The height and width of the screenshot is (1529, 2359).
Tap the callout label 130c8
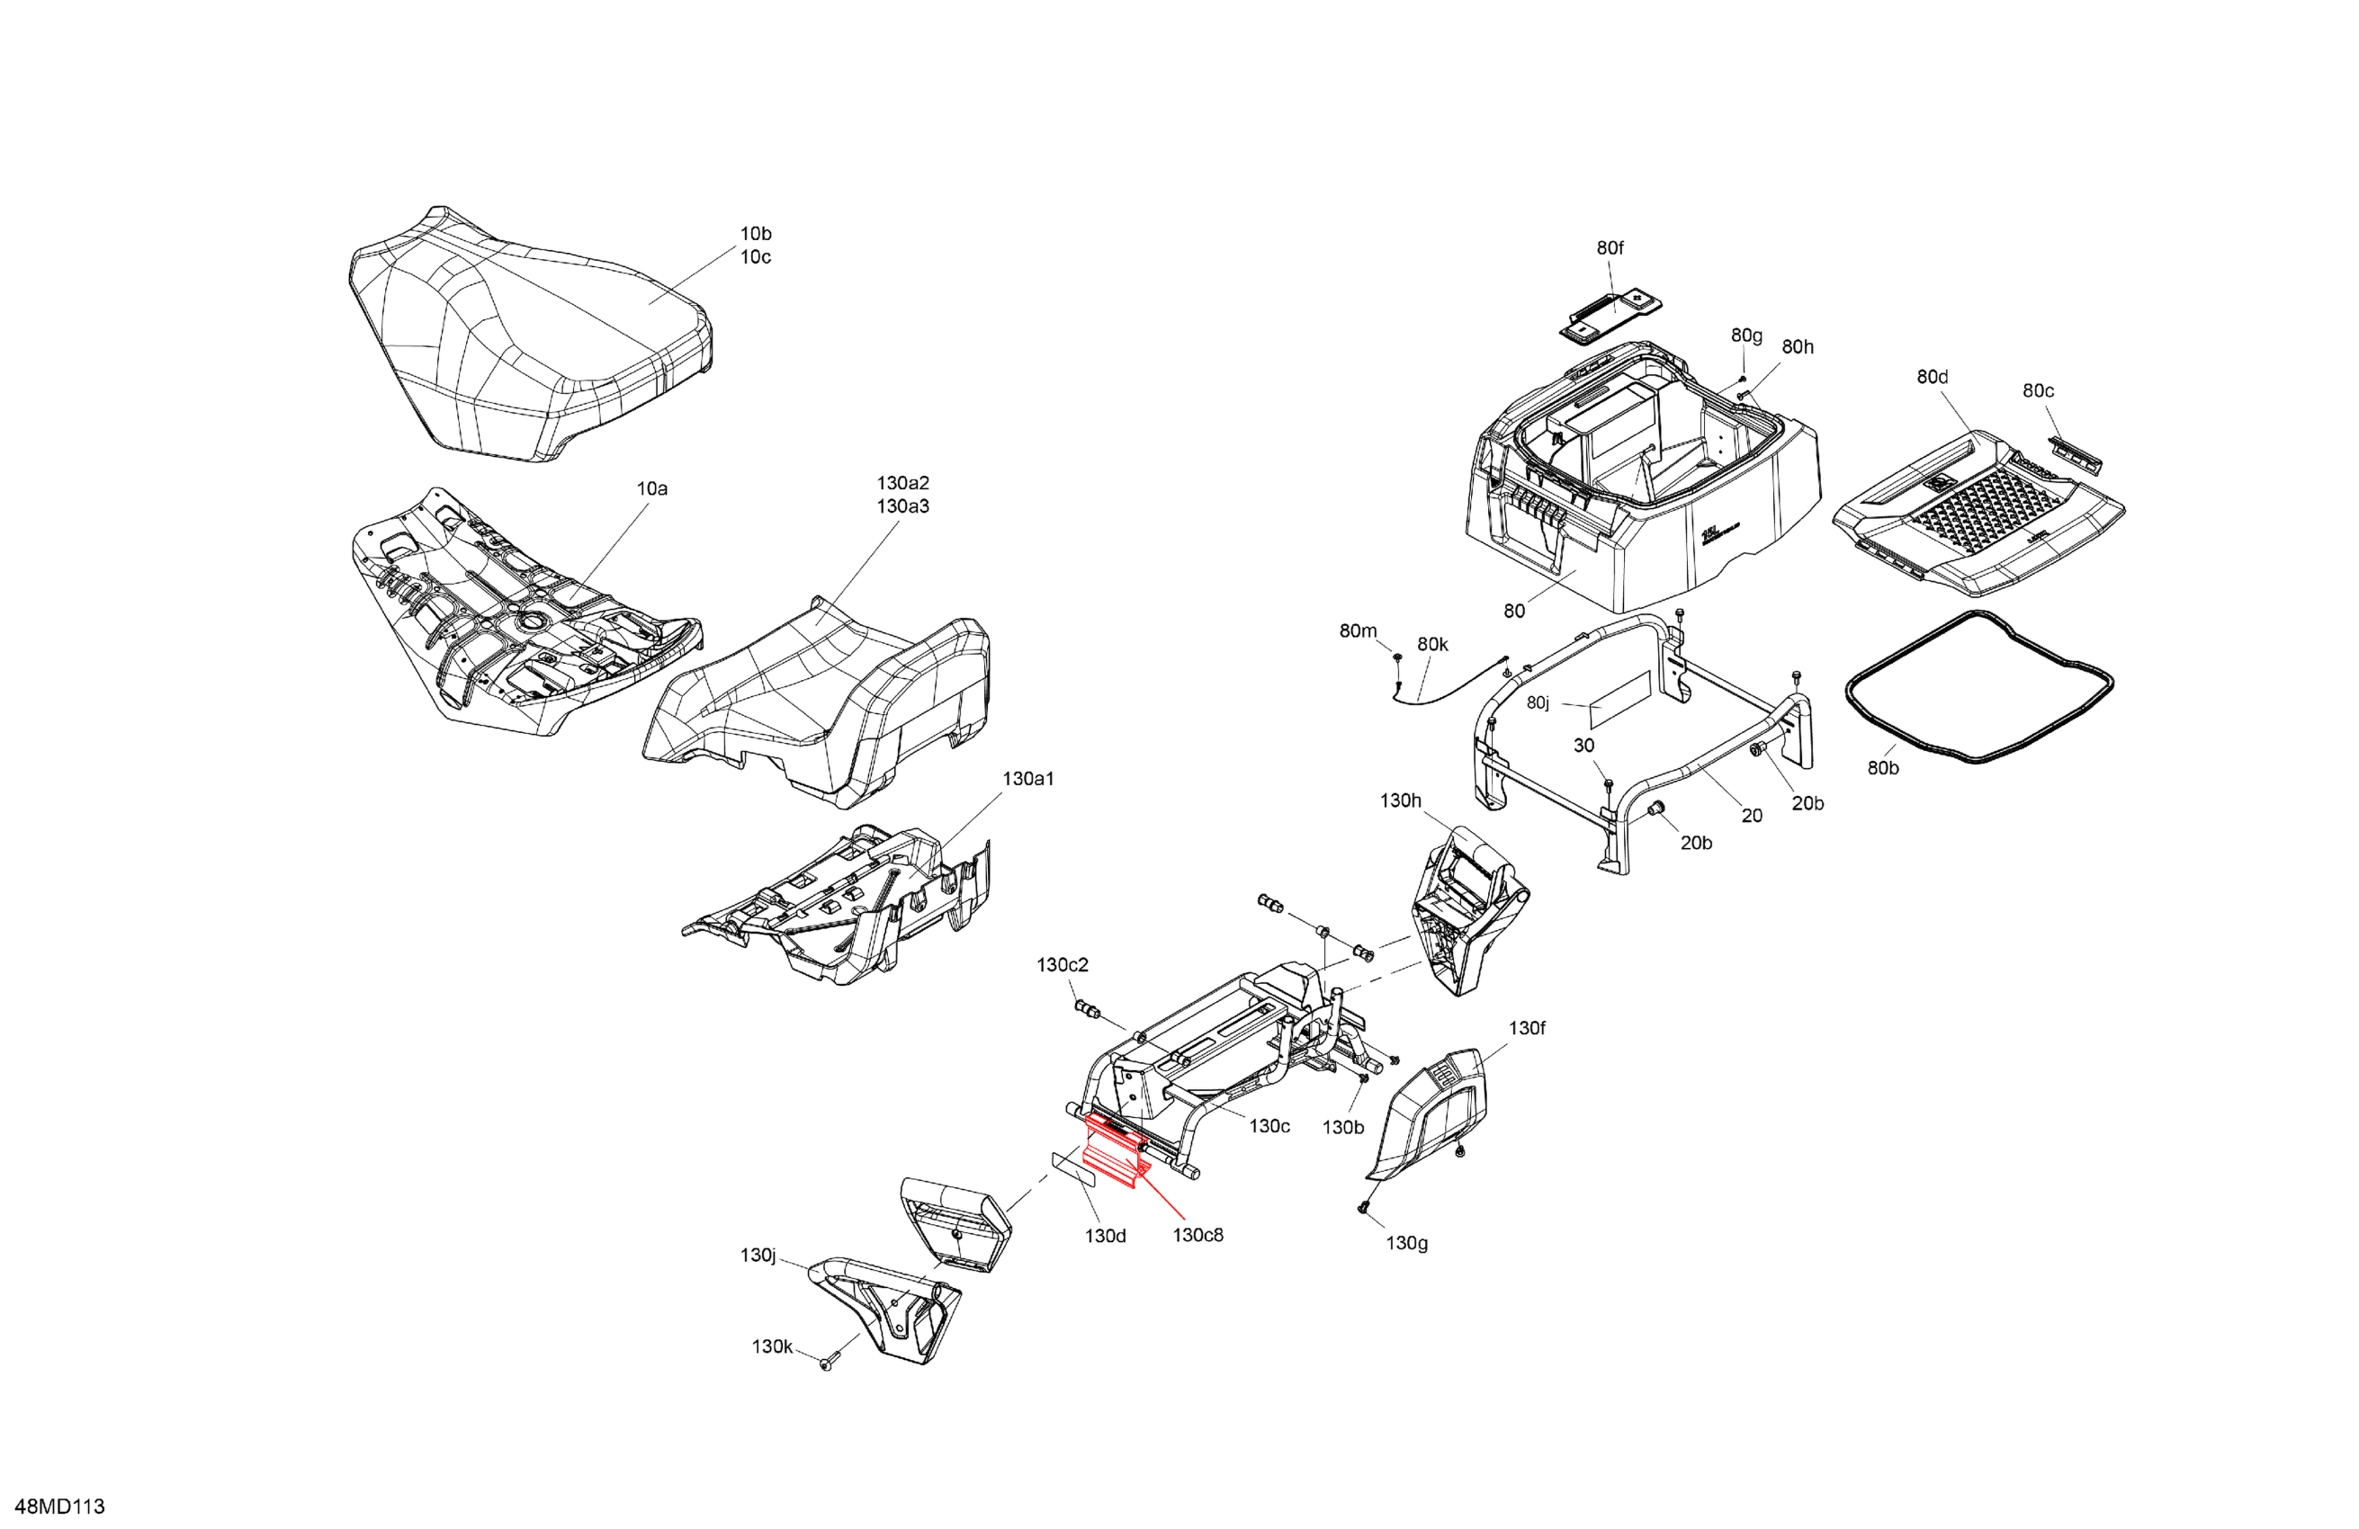[1197, 1235]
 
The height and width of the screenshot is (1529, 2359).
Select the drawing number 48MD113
[60, 1507]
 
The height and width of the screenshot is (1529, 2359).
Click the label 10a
[651, 488]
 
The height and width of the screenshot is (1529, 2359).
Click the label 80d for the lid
[1932, 377]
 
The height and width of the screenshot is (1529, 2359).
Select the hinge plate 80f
[1610, 315]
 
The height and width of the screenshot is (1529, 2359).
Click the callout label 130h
[1400, 800]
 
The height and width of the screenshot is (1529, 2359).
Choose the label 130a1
[1027, 779]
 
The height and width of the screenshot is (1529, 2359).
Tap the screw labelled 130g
[1364, 1207]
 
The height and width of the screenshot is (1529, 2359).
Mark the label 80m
[1358, 631]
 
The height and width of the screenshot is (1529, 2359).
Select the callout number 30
[1583, 746]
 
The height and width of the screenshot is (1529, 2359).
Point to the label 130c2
[1063, 964]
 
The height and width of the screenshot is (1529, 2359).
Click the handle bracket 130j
[882, 1308]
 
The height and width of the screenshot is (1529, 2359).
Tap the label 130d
[1105, 1236]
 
